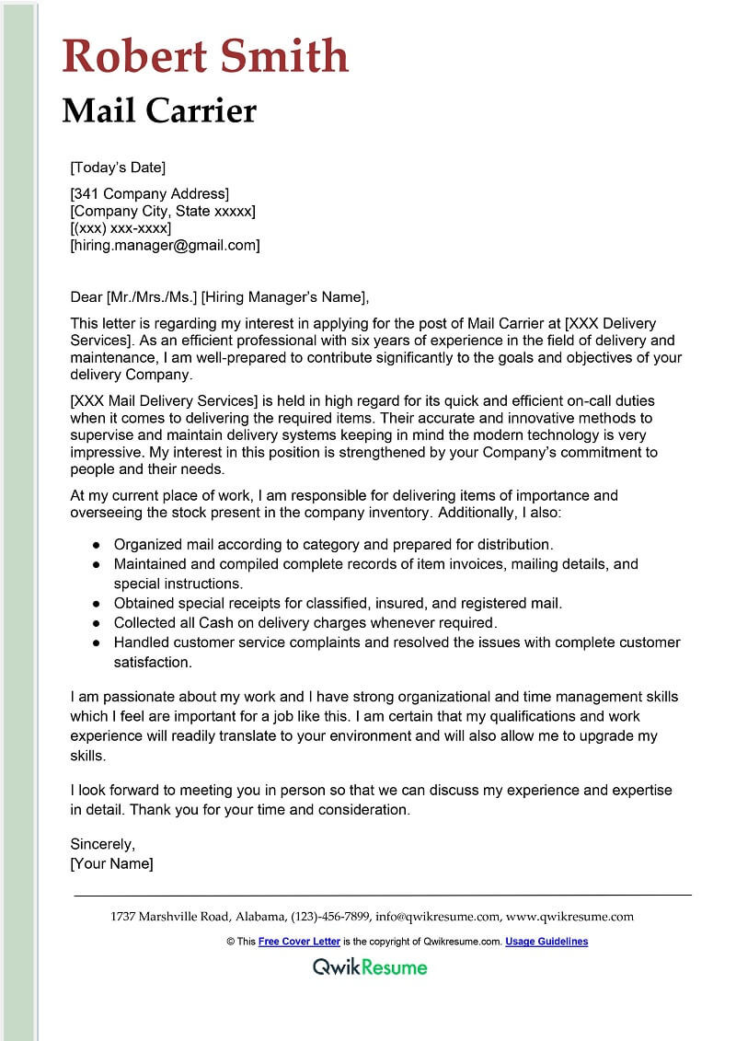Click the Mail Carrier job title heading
(x=159, y=110)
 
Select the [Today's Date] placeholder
(x=118, y=168)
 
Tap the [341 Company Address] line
(x=149, y=194)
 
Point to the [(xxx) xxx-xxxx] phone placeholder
(x=121, y=228)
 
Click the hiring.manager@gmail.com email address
(x=166, y=246)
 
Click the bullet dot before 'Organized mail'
(x=97, y=545)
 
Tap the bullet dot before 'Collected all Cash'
(x=97, y=623)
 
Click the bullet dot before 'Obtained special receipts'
(x=97, y=604)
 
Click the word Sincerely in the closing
(x=103, y=845)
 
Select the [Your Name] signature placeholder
(x=111, y=863)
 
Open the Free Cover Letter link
(x=299, y=942)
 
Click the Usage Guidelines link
(x=546, y=942)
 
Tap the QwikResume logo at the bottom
(x=370, y=966)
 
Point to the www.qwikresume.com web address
(x=569, y=917)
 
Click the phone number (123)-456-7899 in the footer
(x=330, y=917)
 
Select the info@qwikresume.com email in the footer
(x=438, y=917)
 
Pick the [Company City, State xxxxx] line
(x=163, y=212)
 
